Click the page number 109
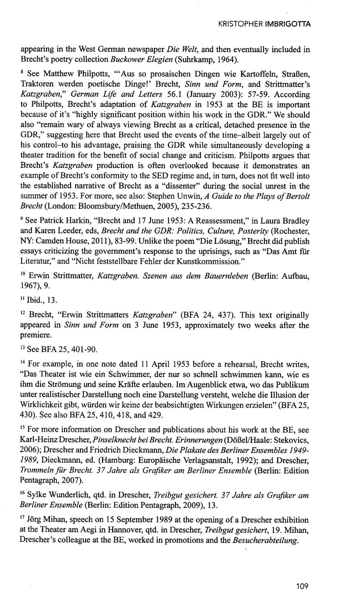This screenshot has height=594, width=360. point(303,585)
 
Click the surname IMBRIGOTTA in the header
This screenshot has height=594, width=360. point(287,25)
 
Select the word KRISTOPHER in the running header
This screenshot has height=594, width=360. point(240,25)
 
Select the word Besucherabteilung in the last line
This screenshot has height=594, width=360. point(265,541)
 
